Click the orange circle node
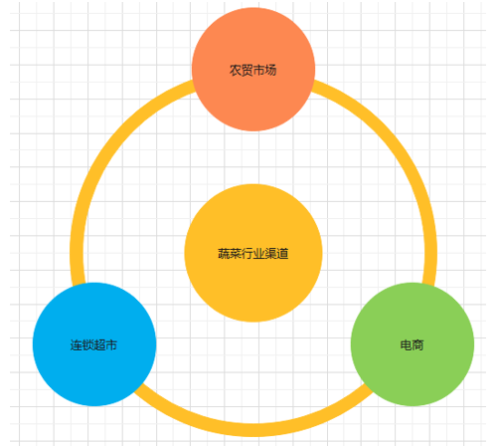(x=253, y=69)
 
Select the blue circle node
(x=94, y=344)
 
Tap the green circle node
(x=413, y=344)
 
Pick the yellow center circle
(x=253, y=253)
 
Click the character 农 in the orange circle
(x=236, y=71)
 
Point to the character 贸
(x=247, y=71)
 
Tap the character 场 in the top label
(x=270, y=71)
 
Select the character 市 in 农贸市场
(x=258, y=71)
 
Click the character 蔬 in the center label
(x=224, y=254)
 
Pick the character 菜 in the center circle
(x=236, y=254)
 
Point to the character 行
(x=248, y=254)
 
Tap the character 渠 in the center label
(x=271, y=254)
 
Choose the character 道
(x=283, y=254)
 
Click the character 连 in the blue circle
(x=76, y=345)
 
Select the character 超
(x=99, y=345)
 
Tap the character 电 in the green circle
(x=406, y=345)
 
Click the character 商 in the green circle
(x=417, y=345)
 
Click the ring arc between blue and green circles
(x=253, y=430)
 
